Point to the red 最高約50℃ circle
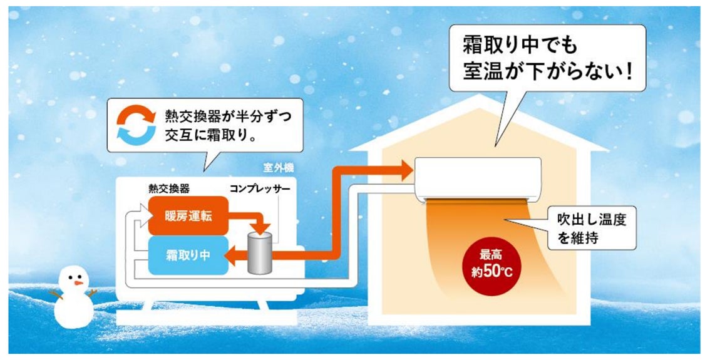tap(491, 264)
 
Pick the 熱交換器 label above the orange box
tap(168, 188)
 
